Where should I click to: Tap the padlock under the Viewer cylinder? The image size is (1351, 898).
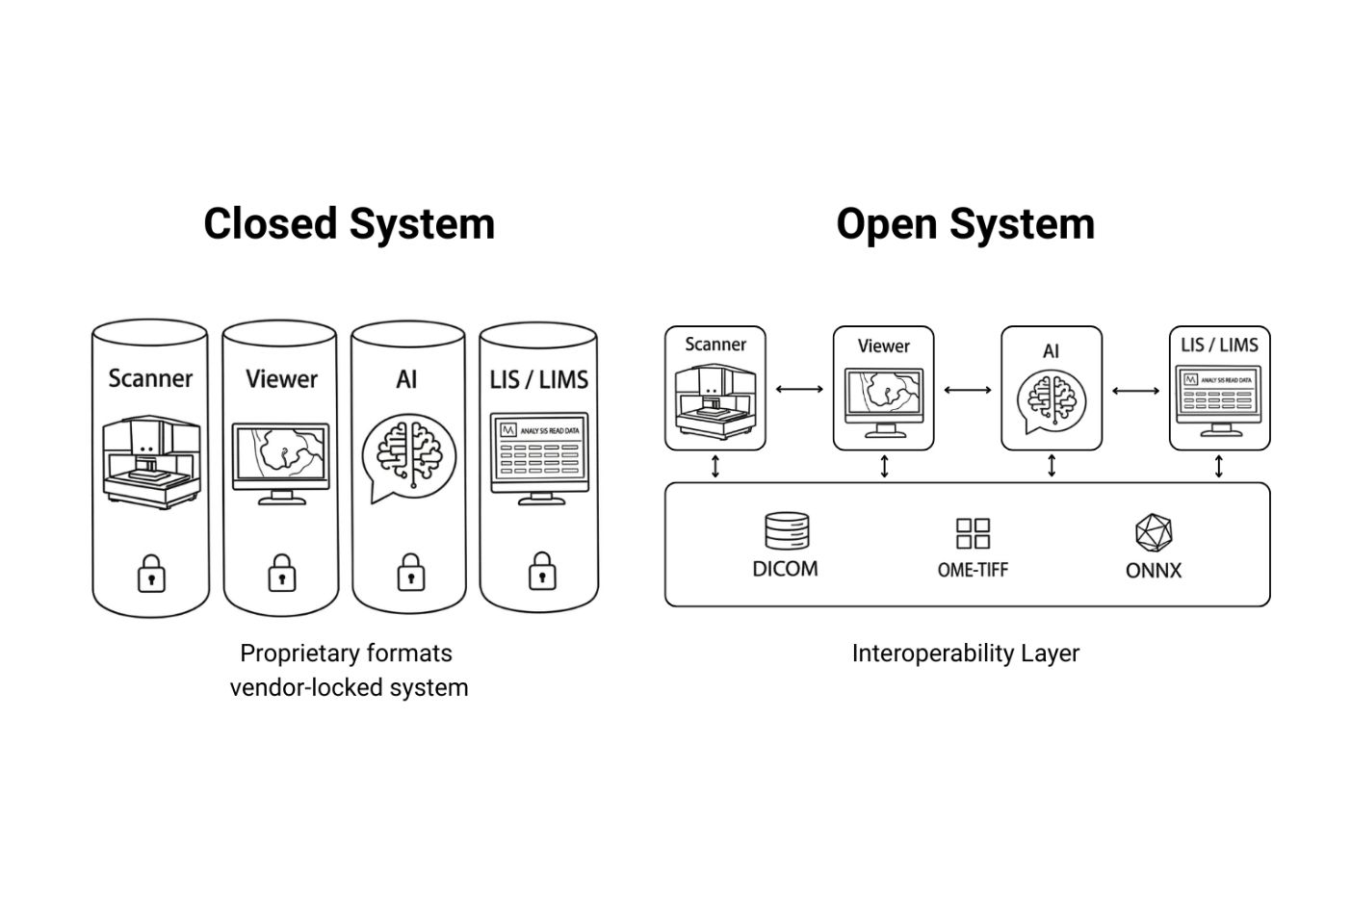pos(282,573)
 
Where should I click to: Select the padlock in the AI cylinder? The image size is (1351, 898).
pos(411,572)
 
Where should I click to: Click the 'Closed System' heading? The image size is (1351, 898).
pos(350,224)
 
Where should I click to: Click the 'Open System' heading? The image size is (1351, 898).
pos(966,224)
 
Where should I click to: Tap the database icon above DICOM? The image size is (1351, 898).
pos(787,531)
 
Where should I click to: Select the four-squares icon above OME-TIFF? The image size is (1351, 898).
pos(973,533)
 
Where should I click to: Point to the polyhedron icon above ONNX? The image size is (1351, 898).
pos(1154,533)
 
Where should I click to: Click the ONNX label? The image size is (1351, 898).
pos(1154,571)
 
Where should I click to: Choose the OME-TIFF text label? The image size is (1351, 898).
pos(973,570)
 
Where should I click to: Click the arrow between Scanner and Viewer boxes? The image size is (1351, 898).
pos(799,390)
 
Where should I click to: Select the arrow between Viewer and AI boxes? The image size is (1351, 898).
pos(968,391)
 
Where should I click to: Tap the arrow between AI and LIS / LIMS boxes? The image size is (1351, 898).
pos(1135,391)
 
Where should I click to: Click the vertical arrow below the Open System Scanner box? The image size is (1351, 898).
pos(715,467)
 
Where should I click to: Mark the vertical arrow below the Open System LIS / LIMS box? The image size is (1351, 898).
pos(1218,467)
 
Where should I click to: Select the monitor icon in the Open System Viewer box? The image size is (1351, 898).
pos(884,402)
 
